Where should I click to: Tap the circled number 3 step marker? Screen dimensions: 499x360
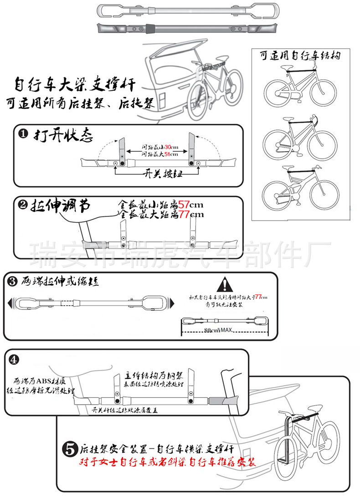coord(12,282)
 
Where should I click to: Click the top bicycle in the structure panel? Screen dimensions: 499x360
coord(301,87)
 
